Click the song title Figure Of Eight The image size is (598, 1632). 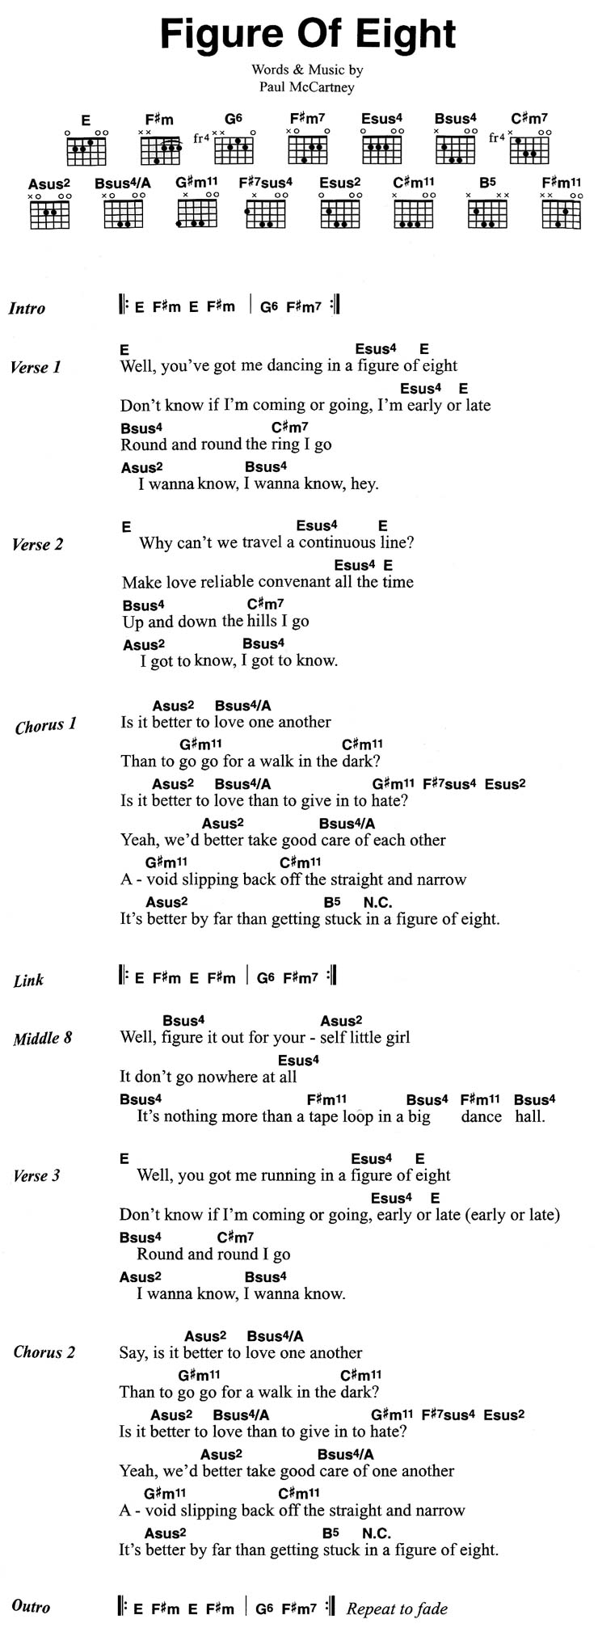pyautogui.click(x=308, y=34)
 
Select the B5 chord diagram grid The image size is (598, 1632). pyautogui.click(x=486, y=214)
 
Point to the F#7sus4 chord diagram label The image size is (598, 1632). pyautogui.click(x=265, y=183)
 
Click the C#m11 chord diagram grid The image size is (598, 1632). pyautogui.click(x=413, y=214)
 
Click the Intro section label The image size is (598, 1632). pyautogui.click(x=27, y=308)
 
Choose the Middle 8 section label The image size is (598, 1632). pyautogui.click(x=42, y=1038)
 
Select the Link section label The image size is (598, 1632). pyautogui.click(x=28, y=980)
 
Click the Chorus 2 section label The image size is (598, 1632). pyautogui.click(x=44, y=1352)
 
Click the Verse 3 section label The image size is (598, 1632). pyautogui.click(x=36, y=1175)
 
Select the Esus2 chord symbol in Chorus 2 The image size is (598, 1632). pyautogui.click(x=504, y=1415)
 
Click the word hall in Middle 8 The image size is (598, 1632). pyautogui.click(x=530, y=1116)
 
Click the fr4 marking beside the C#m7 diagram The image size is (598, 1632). pyautogui.click(x=497, y=138)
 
